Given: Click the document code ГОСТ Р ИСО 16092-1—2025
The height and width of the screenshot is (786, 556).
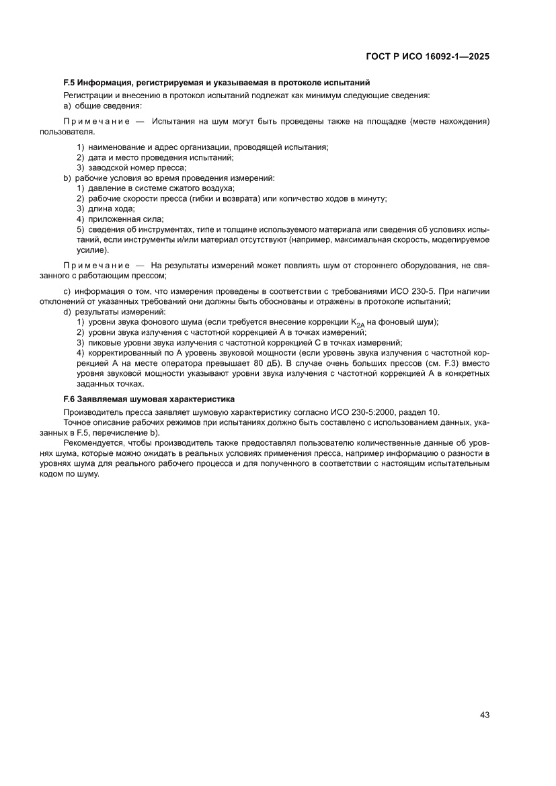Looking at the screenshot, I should click(427, 57).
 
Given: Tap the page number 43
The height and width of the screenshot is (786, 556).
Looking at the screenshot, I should click(484, 715).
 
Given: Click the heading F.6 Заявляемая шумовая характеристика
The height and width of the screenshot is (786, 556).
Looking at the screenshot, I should click(149, 399).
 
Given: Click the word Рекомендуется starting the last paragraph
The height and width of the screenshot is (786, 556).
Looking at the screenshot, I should click(91, 444).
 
